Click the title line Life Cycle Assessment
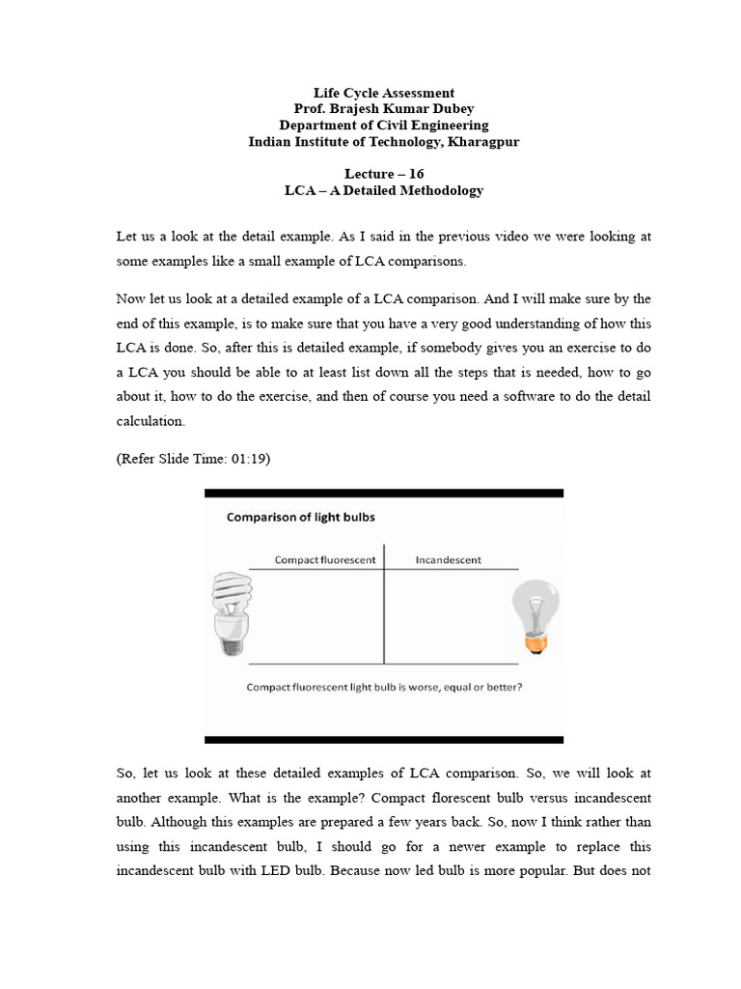click(383, 94)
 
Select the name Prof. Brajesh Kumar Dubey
click(383, 109)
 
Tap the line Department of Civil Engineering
click(383, 126)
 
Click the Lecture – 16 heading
click(383, 174)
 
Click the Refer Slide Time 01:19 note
click(193, 459)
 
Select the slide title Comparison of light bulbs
click(300, 517)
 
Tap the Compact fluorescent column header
click(325, 560)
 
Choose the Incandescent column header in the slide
click(448, 560)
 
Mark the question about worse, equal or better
click(385, 689)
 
